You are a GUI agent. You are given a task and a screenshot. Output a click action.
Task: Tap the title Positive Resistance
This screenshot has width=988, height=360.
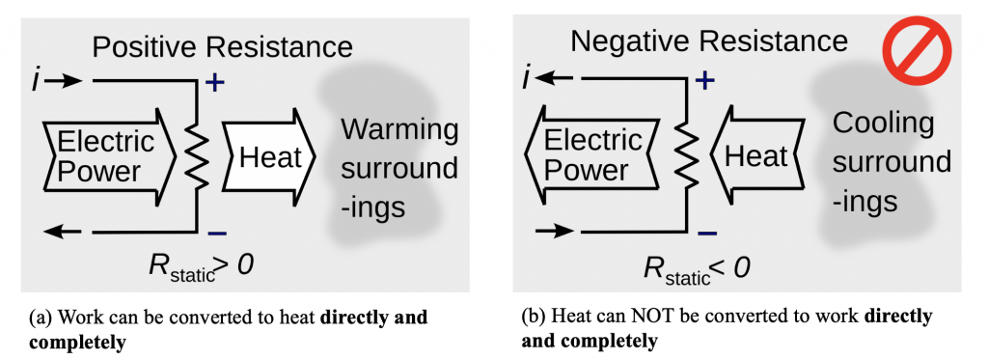click(x=222, y=46)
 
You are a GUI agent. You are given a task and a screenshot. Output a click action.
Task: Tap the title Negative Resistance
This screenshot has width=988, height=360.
click(x=709, y=42)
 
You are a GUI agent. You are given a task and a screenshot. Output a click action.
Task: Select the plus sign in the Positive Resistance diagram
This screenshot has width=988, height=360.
click(x=215, y=84)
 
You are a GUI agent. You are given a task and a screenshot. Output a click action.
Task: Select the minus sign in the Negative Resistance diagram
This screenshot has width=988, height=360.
click(x=706, y=233)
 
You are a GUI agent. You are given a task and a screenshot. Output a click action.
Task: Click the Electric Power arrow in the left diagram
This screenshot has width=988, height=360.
click(x=109, y=156)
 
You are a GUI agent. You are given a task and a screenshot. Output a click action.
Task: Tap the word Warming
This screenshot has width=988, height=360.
click(x=397, y=130)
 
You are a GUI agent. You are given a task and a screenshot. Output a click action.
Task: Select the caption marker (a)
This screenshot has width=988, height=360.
click(x=42, y=317)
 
